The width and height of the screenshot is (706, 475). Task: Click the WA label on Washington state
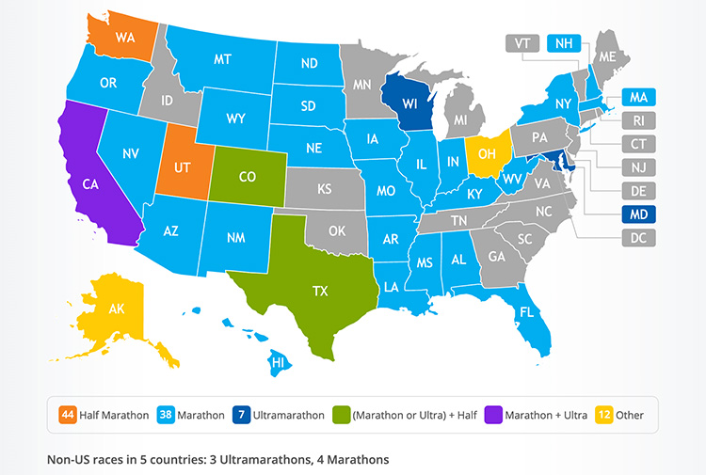click(x=124, y=39)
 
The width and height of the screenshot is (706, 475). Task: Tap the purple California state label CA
click(x=90, y=184)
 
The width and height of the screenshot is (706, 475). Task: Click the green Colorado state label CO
click(x=247, y=176)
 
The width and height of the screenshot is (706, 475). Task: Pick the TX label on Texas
click(x=321, y=293)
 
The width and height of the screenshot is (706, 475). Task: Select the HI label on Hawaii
click(x=278, y=362)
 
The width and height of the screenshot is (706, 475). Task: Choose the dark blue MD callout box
click(x=638, y=214)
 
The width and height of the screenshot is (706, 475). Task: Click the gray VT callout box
click(x=521, y=42)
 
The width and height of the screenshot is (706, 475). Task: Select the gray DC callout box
click(x=638, y=238)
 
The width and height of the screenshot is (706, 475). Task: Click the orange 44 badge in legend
click(x=67, y=414)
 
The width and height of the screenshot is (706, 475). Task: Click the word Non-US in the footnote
click(x=68, y=460)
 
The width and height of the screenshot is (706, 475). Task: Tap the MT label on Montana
click(x=223, y=58)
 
